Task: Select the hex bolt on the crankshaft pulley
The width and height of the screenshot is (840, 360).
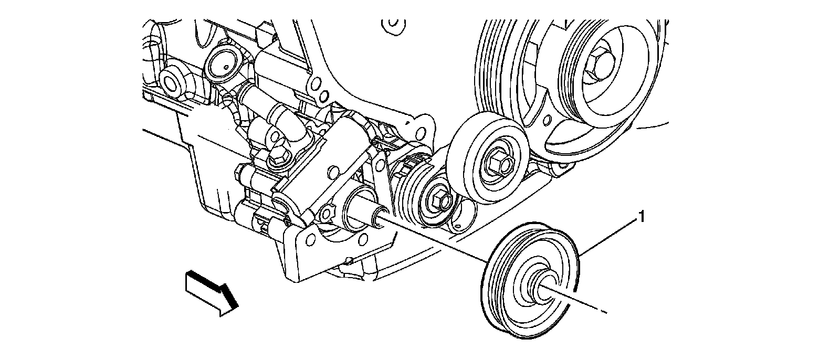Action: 599,65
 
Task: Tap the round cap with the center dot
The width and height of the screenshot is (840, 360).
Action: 224,67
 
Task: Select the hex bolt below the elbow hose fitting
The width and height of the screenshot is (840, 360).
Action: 278,155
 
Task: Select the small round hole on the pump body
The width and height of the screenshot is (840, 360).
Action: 332,171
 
